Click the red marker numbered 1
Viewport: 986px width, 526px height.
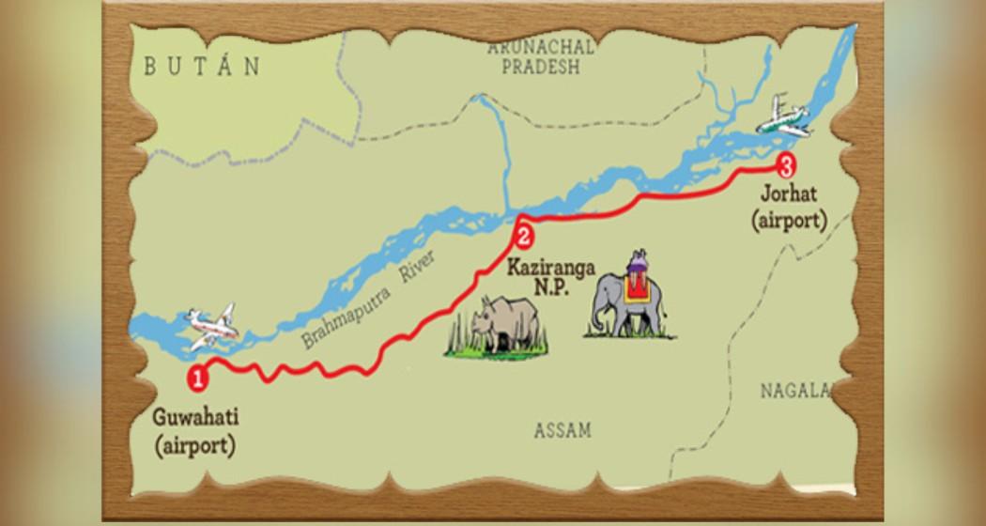click(197, 379)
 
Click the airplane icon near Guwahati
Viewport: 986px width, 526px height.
click(211, 327)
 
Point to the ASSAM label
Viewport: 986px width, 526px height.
click(562, 430)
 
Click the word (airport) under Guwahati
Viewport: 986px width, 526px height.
click(194, 444)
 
